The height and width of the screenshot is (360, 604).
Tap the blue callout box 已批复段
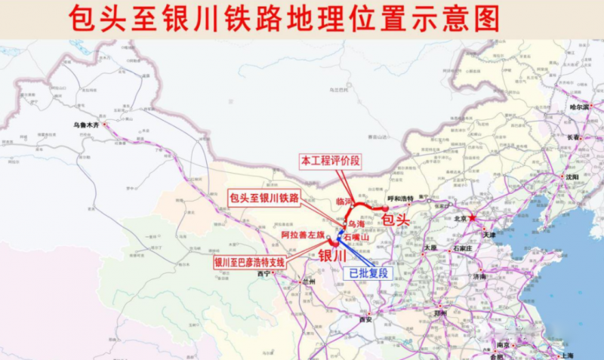(368, 273)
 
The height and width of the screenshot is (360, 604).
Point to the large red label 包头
(395, 220)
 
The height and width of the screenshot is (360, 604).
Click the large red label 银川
(333, 254)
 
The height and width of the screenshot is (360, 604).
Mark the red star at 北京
(473, 218)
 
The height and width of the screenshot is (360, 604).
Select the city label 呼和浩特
(399, 198)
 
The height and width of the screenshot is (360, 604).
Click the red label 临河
(344, 202)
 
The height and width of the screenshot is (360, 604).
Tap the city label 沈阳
(571, 177)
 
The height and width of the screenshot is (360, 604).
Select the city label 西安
(366, 319)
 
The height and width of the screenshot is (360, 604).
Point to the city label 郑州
(439, 312)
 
